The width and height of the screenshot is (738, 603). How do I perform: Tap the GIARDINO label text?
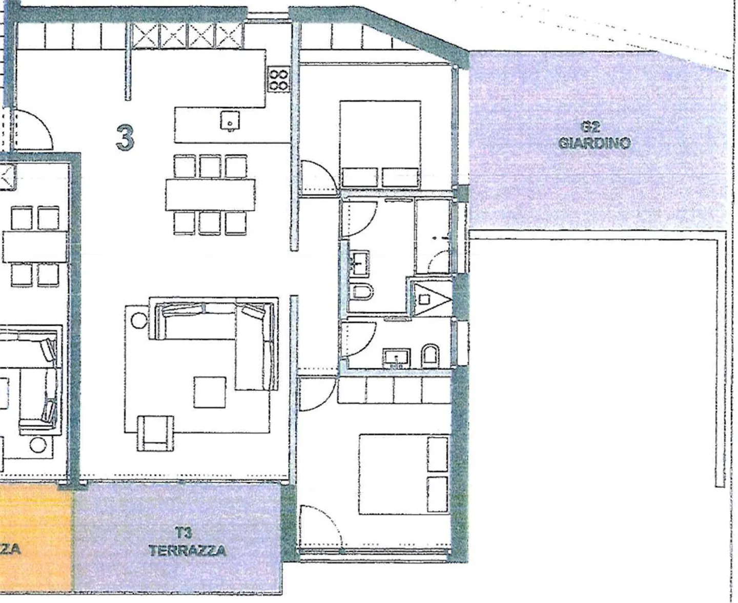594,142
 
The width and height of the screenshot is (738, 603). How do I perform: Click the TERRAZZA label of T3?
187,551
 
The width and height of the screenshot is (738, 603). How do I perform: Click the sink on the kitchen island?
230,121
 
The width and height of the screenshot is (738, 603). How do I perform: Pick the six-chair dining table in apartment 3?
210,195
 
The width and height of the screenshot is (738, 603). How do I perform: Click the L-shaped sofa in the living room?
225,333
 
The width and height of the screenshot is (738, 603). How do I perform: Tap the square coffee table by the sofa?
210,392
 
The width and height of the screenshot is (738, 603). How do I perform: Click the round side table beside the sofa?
138,320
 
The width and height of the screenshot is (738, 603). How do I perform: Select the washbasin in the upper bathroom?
361,262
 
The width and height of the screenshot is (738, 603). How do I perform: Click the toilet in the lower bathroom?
429,356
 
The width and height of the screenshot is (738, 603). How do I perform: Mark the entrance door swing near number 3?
32,129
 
